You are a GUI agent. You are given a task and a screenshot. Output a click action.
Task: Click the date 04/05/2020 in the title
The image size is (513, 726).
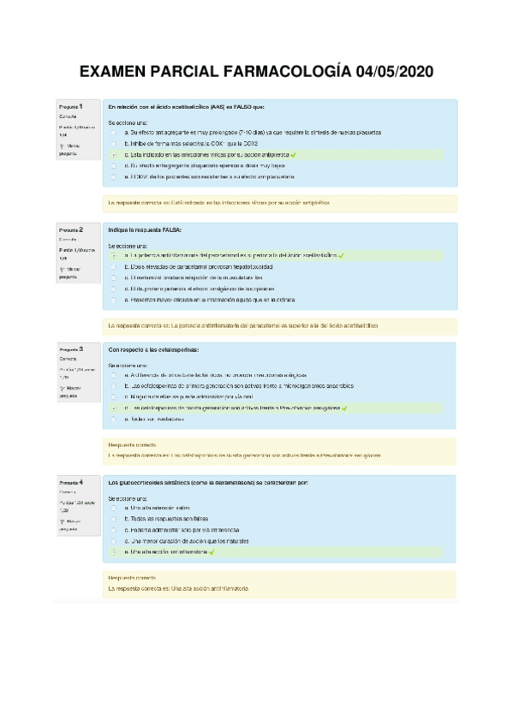[392, 73]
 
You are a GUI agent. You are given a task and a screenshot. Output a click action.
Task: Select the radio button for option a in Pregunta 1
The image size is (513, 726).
[113, 133]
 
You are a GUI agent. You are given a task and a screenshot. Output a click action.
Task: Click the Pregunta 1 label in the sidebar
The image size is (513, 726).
[71, 105]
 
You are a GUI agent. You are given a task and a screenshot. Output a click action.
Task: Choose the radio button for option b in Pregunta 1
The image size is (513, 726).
[113, 144]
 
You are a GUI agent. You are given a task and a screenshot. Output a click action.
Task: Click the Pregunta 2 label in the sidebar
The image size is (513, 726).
[71, 230]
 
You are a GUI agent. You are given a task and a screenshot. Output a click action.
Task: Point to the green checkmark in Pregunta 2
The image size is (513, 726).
[342, 255]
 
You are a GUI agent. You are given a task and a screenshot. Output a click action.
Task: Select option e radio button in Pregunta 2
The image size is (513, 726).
[113, 301]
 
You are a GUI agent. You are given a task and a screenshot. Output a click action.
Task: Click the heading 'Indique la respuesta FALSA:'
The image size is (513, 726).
[145, 230]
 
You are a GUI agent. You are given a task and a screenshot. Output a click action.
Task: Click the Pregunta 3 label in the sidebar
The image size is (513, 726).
[71, 350]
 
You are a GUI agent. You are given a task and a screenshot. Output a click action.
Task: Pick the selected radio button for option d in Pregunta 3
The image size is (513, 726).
[113, 409]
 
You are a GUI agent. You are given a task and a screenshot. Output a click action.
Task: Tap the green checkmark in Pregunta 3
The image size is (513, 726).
[343, 409]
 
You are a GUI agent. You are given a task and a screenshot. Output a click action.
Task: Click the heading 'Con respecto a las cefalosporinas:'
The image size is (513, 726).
[153, 350]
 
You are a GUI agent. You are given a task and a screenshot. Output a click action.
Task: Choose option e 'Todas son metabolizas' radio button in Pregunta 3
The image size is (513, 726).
[113, 420]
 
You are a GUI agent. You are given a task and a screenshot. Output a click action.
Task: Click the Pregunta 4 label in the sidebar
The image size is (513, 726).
[71, 483]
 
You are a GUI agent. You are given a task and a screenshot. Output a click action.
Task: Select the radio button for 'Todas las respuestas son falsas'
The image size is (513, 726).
[113, 519]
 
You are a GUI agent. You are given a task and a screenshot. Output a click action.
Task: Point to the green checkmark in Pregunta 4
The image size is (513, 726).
[211, 552]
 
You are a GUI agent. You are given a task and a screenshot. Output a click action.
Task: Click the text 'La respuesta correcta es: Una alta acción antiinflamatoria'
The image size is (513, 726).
[177, 589]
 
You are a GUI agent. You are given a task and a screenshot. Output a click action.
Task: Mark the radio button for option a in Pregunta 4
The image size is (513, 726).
[113, 508]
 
